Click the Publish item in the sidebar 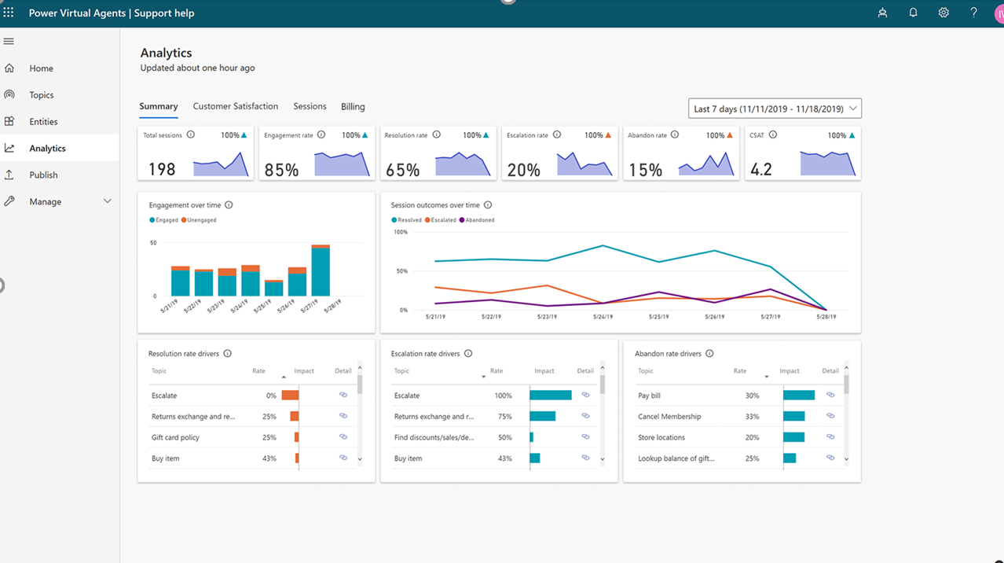click(43, 175)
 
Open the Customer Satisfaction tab click(235, 106)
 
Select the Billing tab click(353, 107)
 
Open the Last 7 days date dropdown click(775, 109)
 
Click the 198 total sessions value click(162, 169)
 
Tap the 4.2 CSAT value click(761, 169)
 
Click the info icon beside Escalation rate click(557, 135)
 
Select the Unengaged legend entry click(201, 220)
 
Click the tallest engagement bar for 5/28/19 click(321, 271)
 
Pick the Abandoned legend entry click(479, 220)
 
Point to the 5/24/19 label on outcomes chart click(603, 317)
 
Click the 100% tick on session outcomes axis click(400, 232)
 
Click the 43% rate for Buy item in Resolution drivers click(269, 458)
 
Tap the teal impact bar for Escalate click(550, 396)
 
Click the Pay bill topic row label click(650, 396)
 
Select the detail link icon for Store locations click(830, 436)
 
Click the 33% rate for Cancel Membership click(752, 417)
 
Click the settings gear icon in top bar click(944, 13)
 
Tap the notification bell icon click(913, 13)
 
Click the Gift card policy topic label click(175, 437)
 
